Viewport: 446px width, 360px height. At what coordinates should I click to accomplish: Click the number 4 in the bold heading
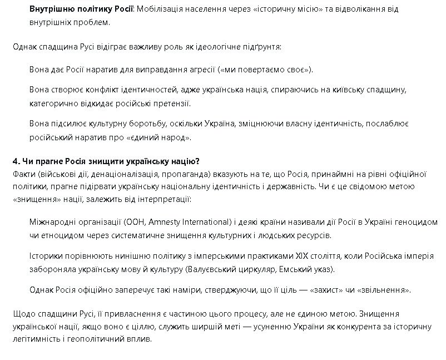pyautogui.click(x=16, y=161)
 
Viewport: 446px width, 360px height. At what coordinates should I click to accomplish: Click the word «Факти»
pyautogui.click(x=23, y=174)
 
